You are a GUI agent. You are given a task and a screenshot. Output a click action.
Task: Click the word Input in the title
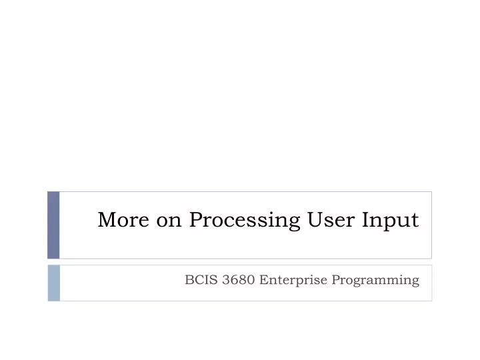[x=391, y=221]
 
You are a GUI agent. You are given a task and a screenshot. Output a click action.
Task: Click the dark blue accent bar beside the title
[x=53, y=225]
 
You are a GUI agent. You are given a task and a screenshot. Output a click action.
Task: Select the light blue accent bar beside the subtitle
[x=53, y=283]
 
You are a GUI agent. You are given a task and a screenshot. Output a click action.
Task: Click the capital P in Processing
[x=195, y=219]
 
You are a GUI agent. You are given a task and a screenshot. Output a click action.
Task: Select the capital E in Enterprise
[x=263, y=280]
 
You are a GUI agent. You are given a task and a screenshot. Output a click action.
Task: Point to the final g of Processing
[x=295, y=223]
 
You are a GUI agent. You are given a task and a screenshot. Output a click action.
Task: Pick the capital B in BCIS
[x=189, y=280]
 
